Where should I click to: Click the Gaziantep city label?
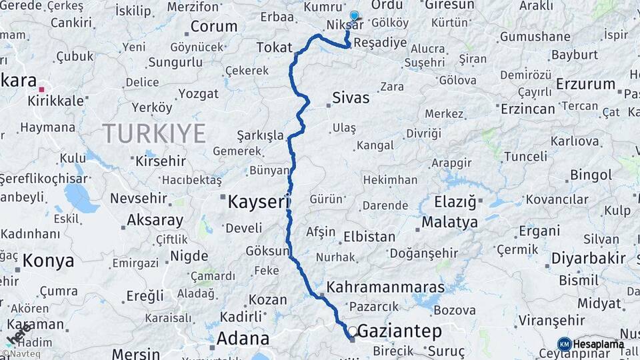[400, 331]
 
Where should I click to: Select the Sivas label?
[351, 98]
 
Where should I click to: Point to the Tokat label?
[275, 47]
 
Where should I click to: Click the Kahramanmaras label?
[386, 287]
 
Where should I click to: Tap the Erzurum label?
[585, 84]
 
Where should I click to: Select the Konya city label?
[48, 261]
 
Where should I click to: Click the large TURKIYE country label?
[154, 134]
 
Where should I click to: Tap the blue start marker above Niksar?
[354, 16]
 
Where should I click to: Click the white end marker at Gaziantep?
[352, 331]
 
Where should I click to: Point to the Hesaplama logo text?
[598, 344]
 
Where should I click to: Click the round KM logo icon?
[564, 344]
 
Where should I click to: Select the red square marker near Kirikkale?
[41, 89]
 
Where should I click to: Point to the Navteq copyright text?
[21, 354]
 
